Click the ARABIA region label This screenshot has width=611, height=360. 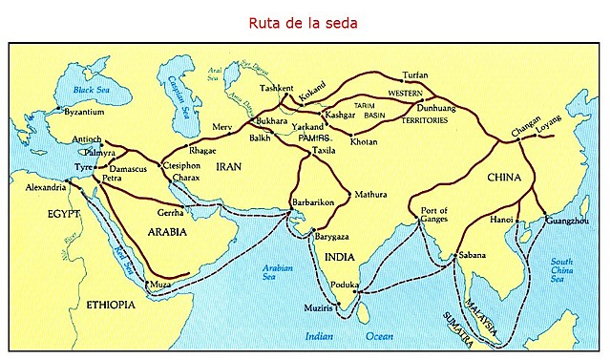pos(164,231)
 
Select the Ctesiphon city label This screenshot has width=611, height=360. pos(182,165)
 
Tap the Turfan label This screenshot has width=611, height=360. pos(416,74)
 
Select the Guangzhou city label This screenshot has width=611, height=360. pos(566,221)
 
